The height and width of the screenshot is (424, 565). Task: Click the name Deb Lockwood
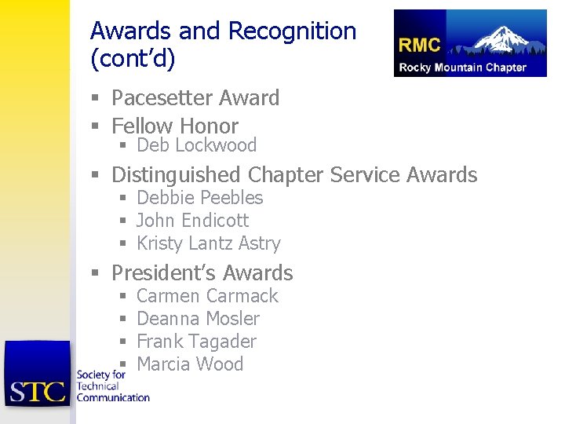tap(196, 145)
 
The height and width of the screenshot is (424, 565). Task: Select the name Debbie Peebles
tap(199, 198)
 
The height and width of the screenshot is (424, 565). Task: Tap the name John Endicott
tap(192, 221)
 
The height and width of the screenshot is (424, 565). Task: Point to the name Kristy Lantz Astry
tap(208, 243)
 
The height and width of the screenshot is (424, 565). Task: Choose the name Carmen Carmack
tap(207, 296)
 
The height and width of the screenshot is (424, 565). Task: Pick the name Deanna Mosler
tap(198, 319)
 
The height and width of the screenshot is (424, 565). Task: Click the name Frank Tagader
tap(196, 342)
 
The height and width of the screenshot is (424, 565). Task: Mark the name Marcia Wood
tap(190, 364)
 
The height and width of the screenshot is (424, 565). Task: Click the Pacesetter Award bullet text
tap(195, 98)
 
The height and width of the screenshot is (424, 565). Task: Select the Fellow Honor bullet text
tap(174, 126)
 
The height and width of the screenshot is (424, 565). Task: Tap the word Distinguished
tap(177, 174)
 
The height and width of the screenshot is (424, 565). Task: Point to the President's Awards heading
tap(202, 273)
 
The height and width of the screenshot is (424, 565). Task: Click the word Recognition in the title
tap(292, 31)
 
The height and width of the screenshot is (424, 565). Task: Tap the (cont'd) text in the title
tap(133, 59)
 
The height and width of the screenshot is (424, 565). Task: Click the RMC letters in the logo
tap(420, 45)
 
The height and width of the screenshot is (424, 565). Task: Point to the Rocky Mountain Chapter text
tap(462, 68)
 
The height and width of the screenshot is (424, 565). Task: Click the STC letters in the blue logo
tap(37, 390)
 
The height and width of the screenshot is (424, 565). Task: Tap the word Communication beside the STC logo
tap(113, 397)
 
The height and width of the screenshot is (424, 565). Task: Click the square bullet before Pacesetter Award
tap(94, 99)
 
